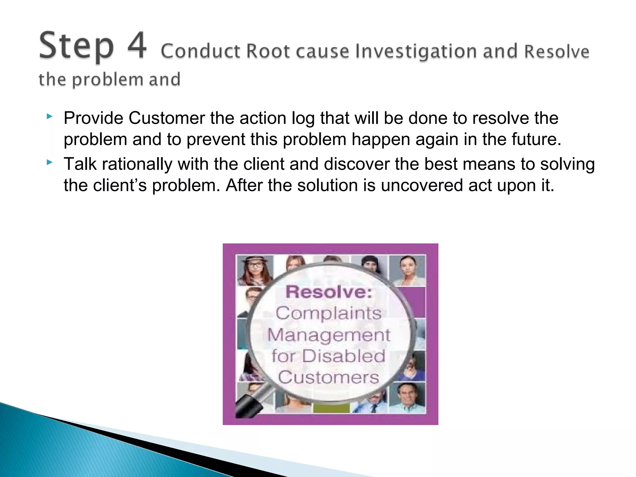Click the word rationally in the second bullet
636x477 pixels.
(x=137, y=164)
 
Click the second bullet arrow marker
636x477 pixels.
(x=49, y=162)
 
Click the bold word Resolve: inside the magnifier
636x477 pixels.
(x=329, y=292)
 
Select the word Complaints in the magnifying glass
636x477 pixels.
(x=329, y=313)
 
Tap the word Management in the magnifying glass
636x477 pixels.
(x=329, y=335)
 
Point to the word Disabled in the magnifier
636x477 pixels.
(x=343, y=356)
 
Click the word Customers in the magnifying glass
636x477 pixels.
(x=329, y=377)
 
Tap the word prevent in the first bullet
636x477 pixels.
(x=216, y=139)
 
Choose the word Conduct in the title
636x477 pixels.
(x=201, y=52)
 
